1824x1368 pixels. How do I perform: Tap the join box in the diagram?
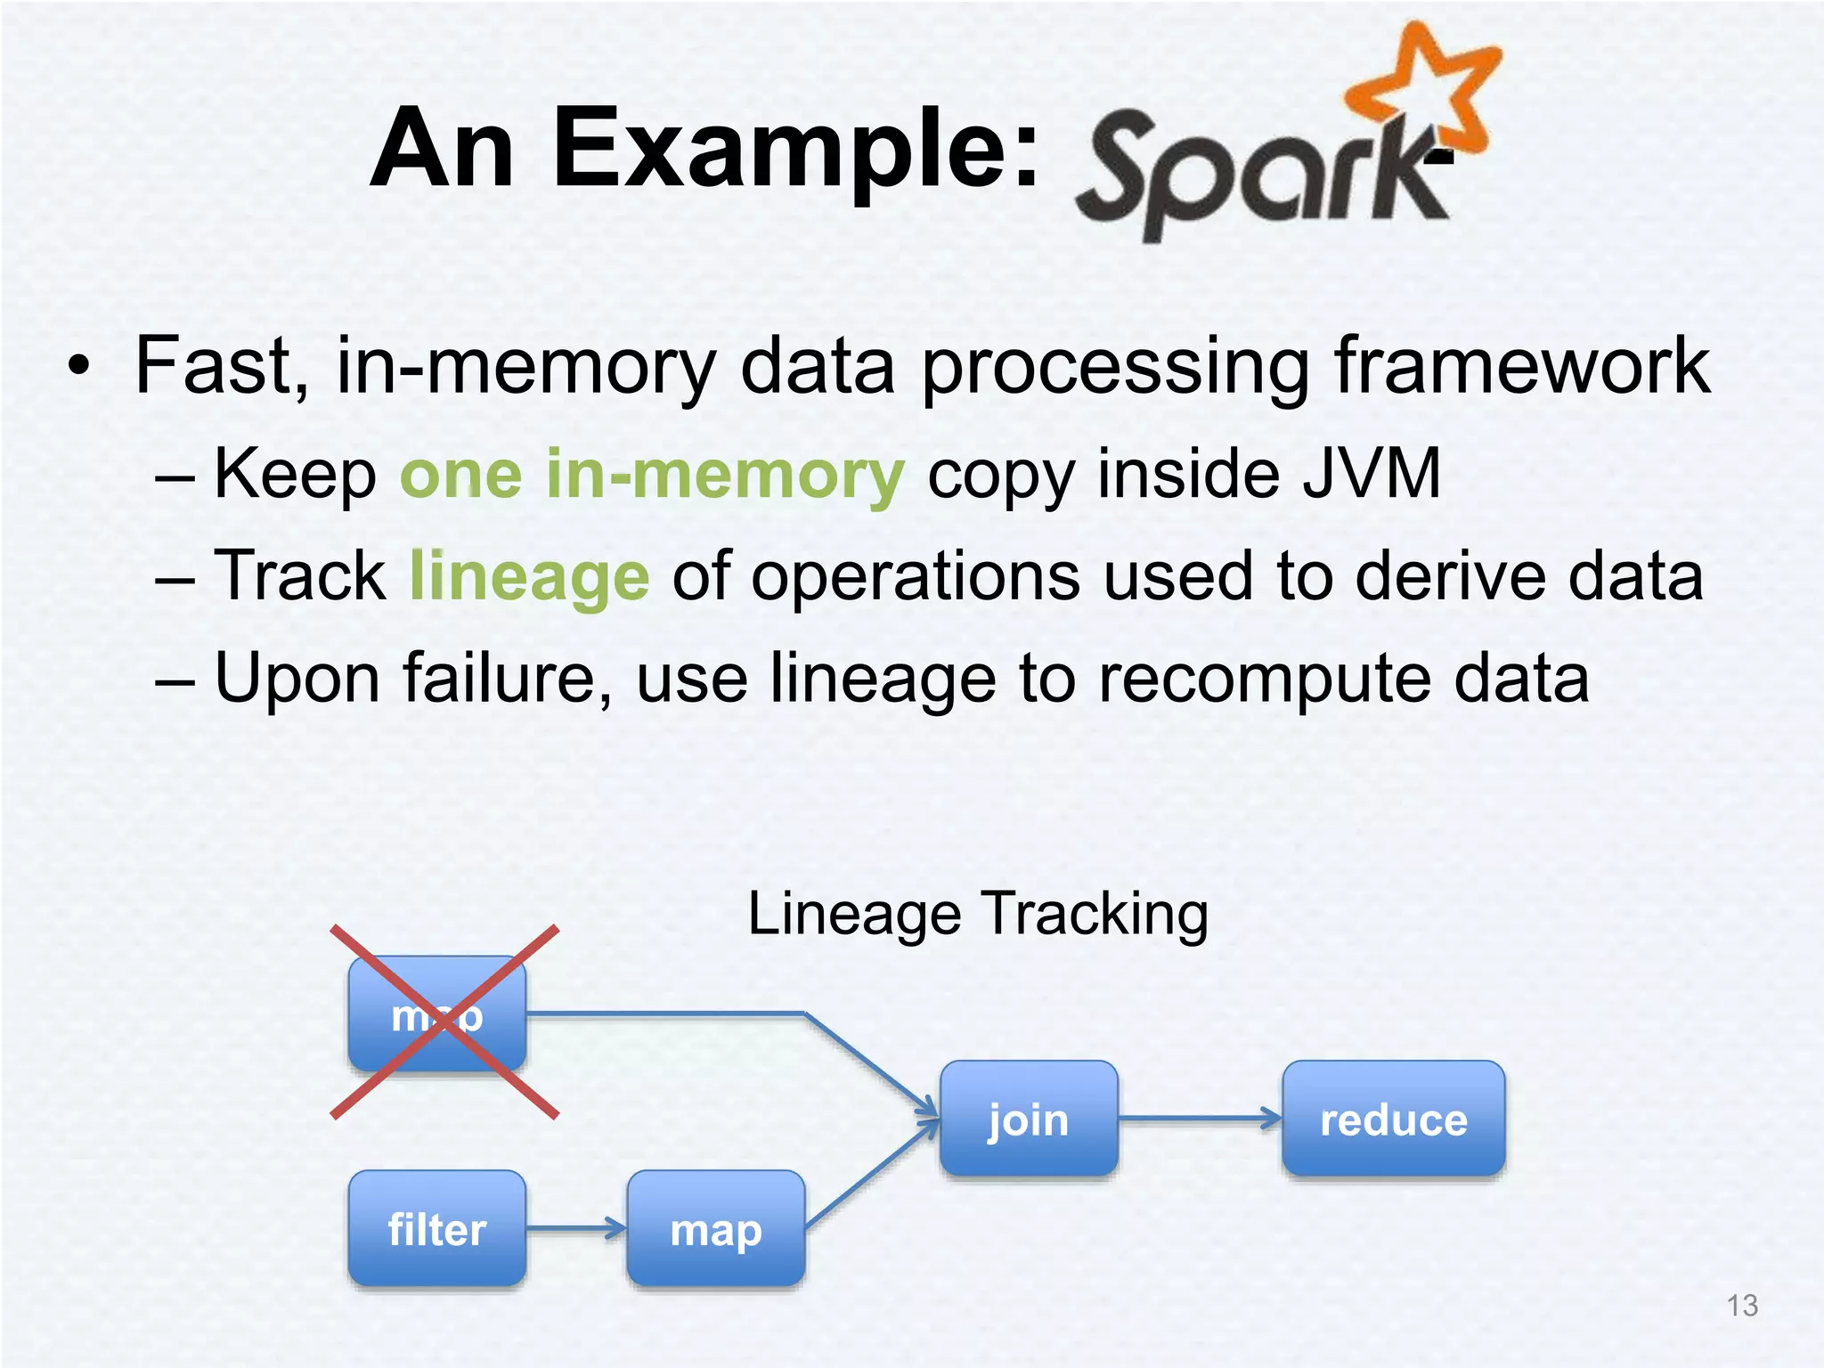pyautogui.click(x=1029, y=1119)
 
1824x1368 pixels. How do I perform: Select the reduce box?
pyautogui.click(x=1393, y=1119)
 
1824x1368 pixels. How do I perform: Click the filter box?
pyautogui.click(x=436, y=1229)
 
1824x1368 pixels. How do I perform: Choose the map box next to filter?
pyautogui.click(x=716, y=1229)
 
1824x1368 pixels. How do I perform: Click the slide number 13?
pyautogui.click(x=1742, y=1306)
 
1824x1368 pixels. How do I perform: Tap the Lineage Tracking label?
pyautogui.click(x=978, y=914)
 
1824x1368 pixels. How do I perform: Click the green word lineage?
pyautogui.click(x=529, y=576)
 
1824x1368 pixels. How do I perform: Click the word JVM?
pyautogui.click(x=1371, y=474)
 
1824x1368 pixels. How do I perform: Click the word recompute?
pyautogui.click(x=1264, y=679)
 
